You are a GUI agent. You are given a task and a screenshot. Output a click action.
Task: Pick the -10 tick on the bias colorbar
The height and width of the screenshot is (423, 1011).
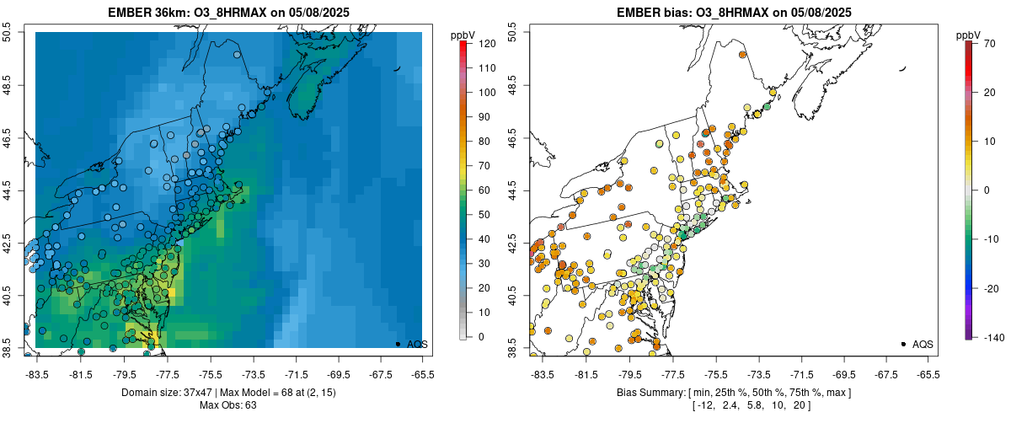[989, 238]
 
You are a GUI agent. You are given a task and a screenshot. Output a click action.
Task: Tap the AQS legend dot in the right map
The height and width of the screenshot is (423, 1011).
[903, 344]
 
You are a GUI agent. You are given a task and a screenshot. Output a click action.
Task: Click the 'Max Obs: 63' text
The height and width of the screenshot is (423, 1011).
[227, 405]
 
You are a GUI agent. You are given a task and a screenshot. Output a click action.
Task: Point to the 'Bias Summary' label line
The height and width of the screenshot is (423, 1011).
[733, 393]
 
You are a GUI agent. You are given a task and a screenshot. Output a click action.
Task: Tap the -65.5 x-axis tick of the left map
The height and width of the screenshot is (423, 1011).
[422, 374]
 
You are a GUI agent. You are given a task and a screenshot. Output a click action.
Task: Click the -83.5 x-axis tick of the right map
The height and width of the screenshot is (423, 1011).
[542, 374]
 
